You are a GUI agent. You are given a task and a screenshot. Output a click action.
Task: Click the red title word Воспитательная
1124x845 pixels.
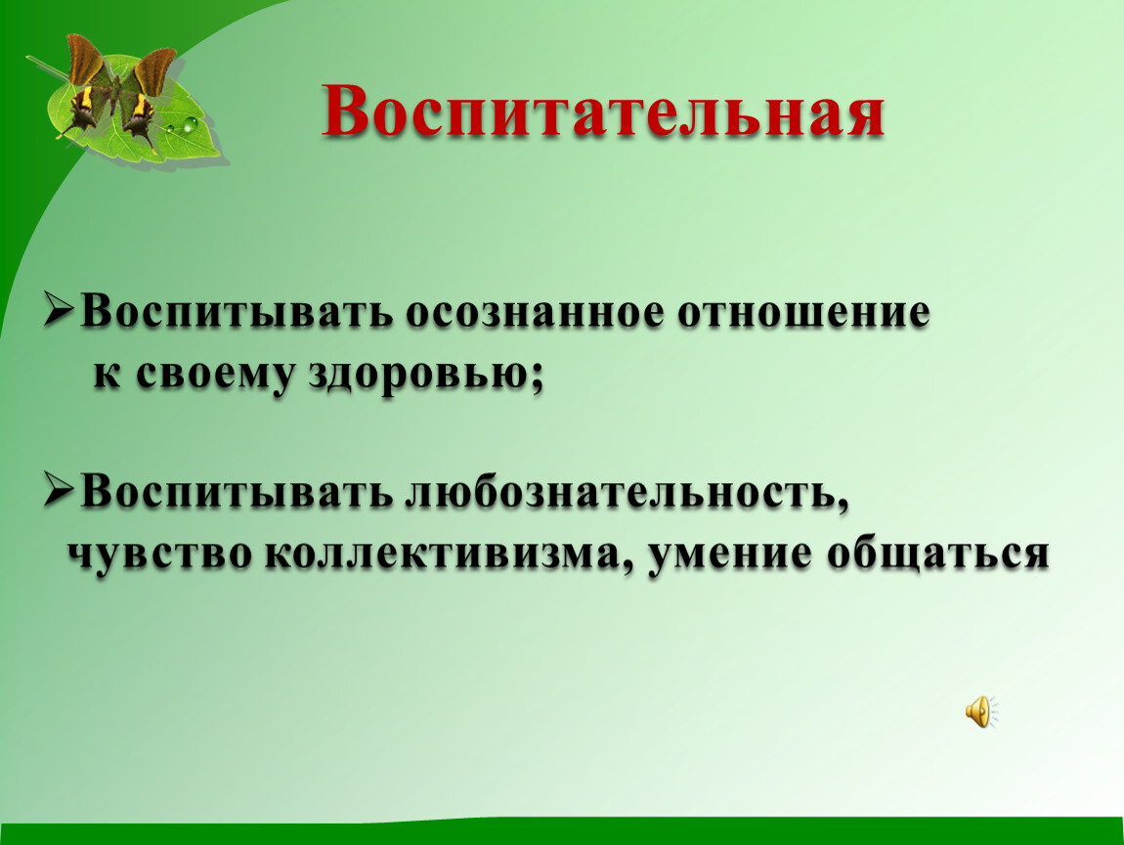click(602, 112)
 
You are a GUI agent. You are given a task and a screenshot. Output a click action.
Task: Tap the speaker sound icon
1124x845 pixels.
click(981, 712)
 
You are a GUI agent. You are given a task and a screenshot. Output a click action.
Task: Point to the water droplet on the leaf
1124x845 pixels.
click(190, 124)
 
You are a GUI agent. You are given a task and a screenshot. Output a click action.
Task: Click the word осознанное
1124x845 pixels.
click(535, 313)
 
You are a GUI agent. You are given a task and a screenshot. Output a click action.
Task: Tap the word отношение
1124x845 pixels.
click(803, 313)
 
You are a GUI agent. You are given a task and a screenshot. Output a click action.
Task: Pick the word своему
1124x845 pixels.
click(216, 376)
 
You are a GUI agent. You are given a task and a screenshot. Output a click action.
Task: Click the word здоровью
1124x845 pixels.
click(418, 376)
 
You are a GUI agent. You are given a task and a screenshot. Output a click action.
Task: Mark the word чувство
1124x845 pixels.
click(160, 555)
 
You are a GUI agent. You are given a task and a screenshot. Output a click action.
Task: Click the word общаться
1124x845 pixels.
click(937, 555)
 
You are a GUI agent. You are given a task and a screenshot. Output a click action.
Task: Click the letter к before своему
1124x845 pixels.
click(107, 374)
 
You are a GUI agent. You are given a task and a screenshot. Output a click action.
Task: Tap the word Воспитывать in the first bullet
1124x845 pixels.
click(237, 311)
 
